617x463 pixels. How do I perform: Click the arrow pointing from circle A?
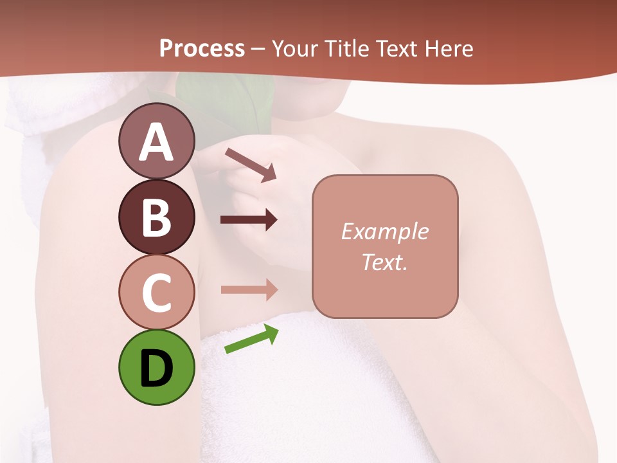click(251, 164)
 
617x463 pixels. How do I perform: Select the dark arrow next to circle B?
click(249, 220)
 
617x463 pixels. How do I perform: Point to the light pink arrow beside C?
click(249, 290)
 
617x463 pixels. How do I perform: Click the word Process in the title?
click(202, 49)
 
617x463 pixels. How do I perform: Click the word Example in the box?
click(384, 232)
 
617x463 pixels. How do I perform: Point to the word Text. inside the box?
click(384, 262)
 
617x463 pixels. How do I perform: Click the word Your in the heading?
click(295, 49)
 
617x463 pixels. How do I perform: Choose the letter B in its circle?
click(156, 217)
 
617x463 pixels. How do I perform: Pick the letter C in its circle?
click(156, 293)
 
